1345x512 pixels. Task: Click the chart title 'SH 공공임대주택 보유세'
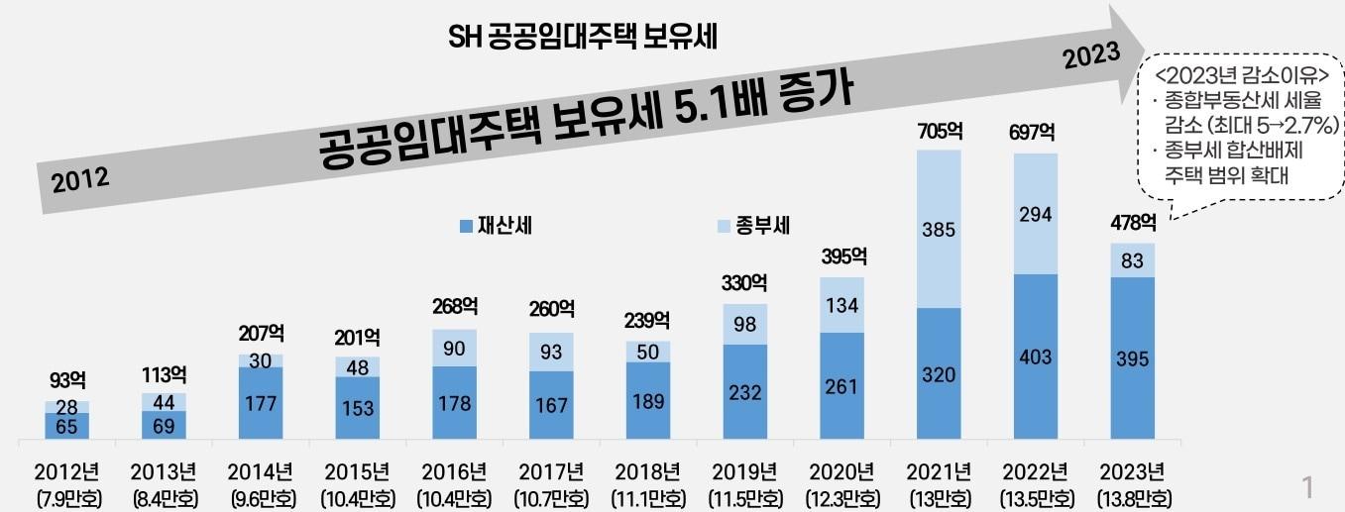point(582,38)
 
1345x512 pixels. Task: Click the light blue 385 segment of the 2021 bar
point(939,230)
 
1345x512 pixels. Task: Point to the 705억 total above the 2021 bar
point(940,131)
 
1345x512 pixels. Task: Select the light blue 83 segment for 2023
point(1132,260)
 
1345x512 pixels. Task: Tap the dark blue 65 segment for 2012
point(66,426)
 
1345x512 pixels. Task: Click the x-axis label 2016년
point(453,470)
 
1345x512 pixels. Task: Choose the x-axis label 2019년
point(744,470)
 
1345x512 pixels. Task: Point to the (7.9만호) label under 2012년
point(66,496)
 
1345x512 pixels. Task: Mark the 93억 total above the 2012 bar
point(67,380)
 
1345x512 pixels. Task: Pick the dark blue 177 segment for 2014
point(261,403)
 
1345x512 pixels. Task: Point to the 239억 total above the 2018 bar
point(648,320)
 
